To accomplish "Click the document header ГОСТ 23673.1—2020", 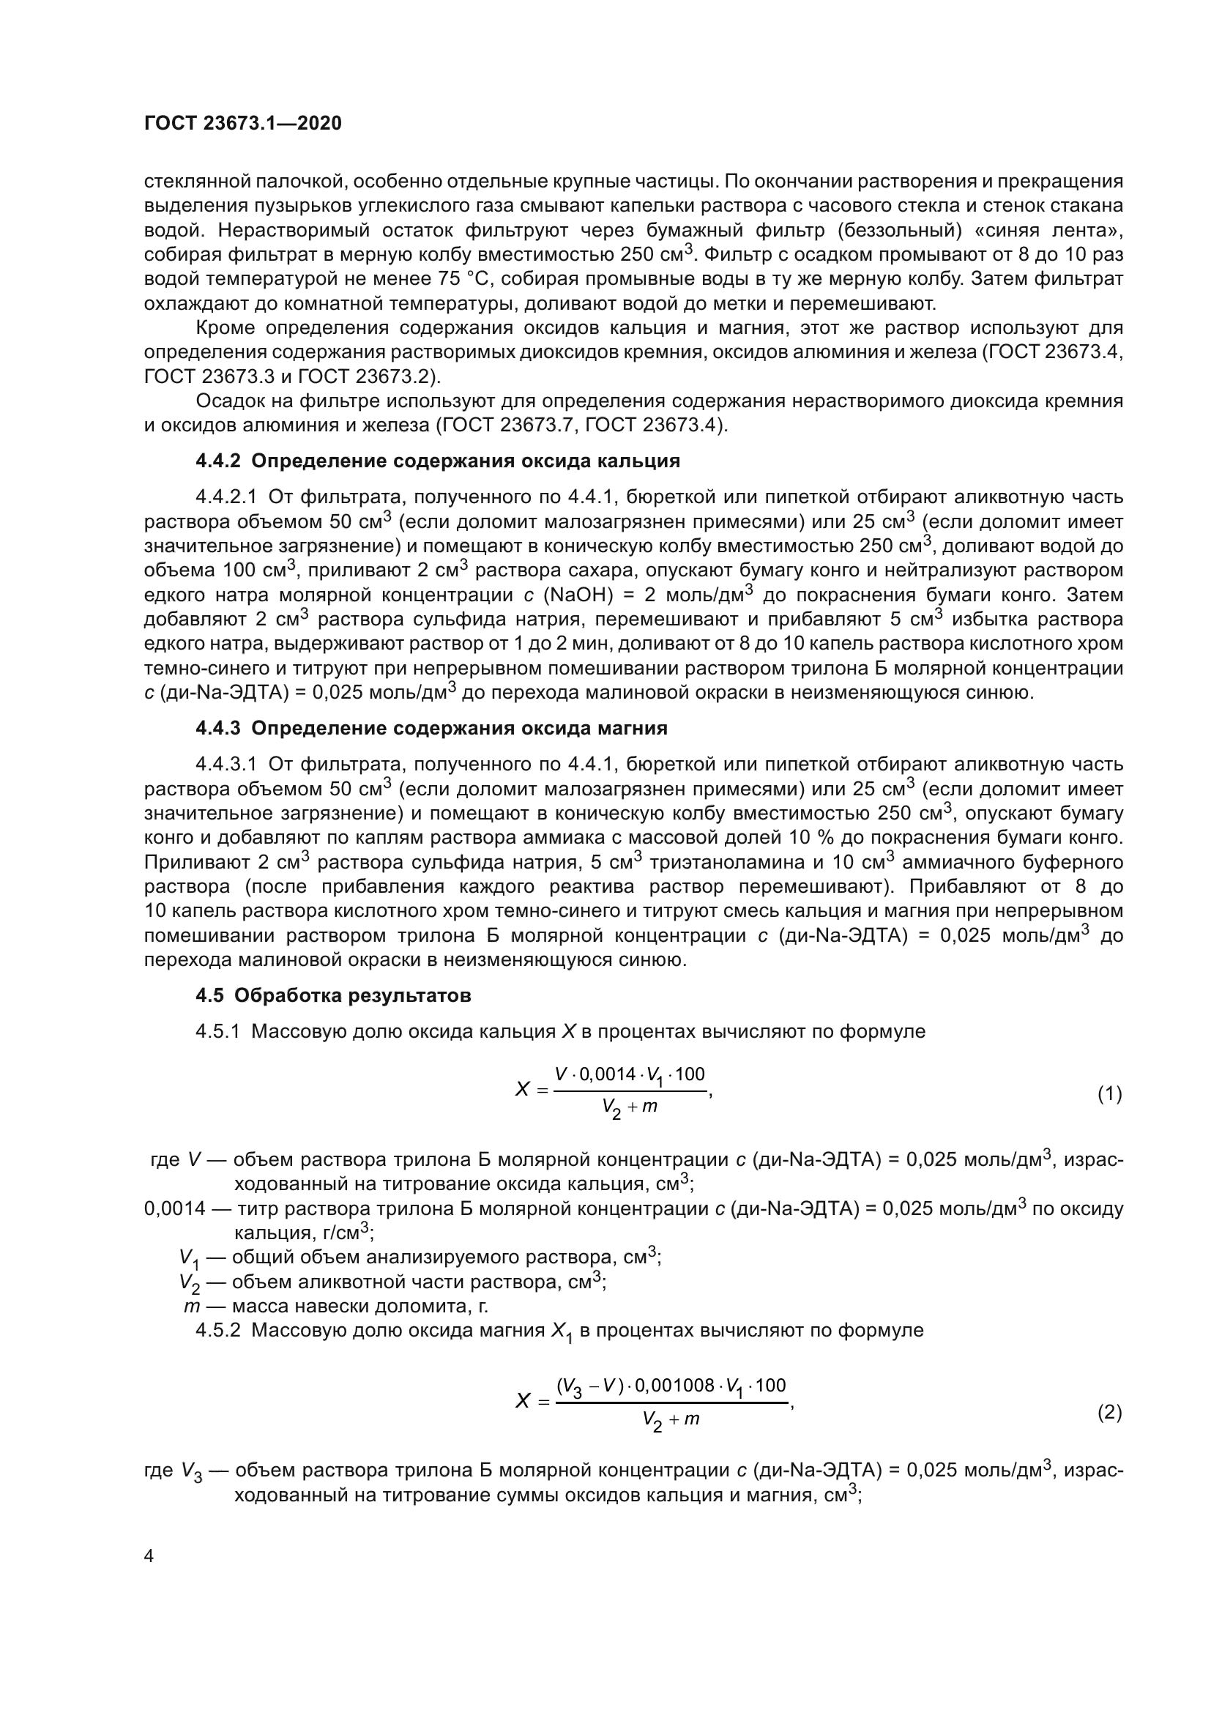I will pyautogui.click(x=242, y=123).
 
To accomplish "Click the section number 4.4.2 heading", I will pyautogui.click(x=217, y=461).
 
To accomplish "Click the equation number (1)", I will pyautogui.click(x=1108, y=1094).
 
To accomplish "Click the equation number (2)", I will pyautogui.click(x=1108, y=1412).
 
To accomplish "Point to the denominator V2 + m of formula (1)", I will pyautogui.click(x=630, y=1107).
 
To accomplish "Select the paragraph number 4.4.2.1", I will pyautogui.click(x=226, y=497).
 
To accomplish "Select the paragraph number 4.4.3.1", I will pyautogui.click(x=226, y=764).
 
